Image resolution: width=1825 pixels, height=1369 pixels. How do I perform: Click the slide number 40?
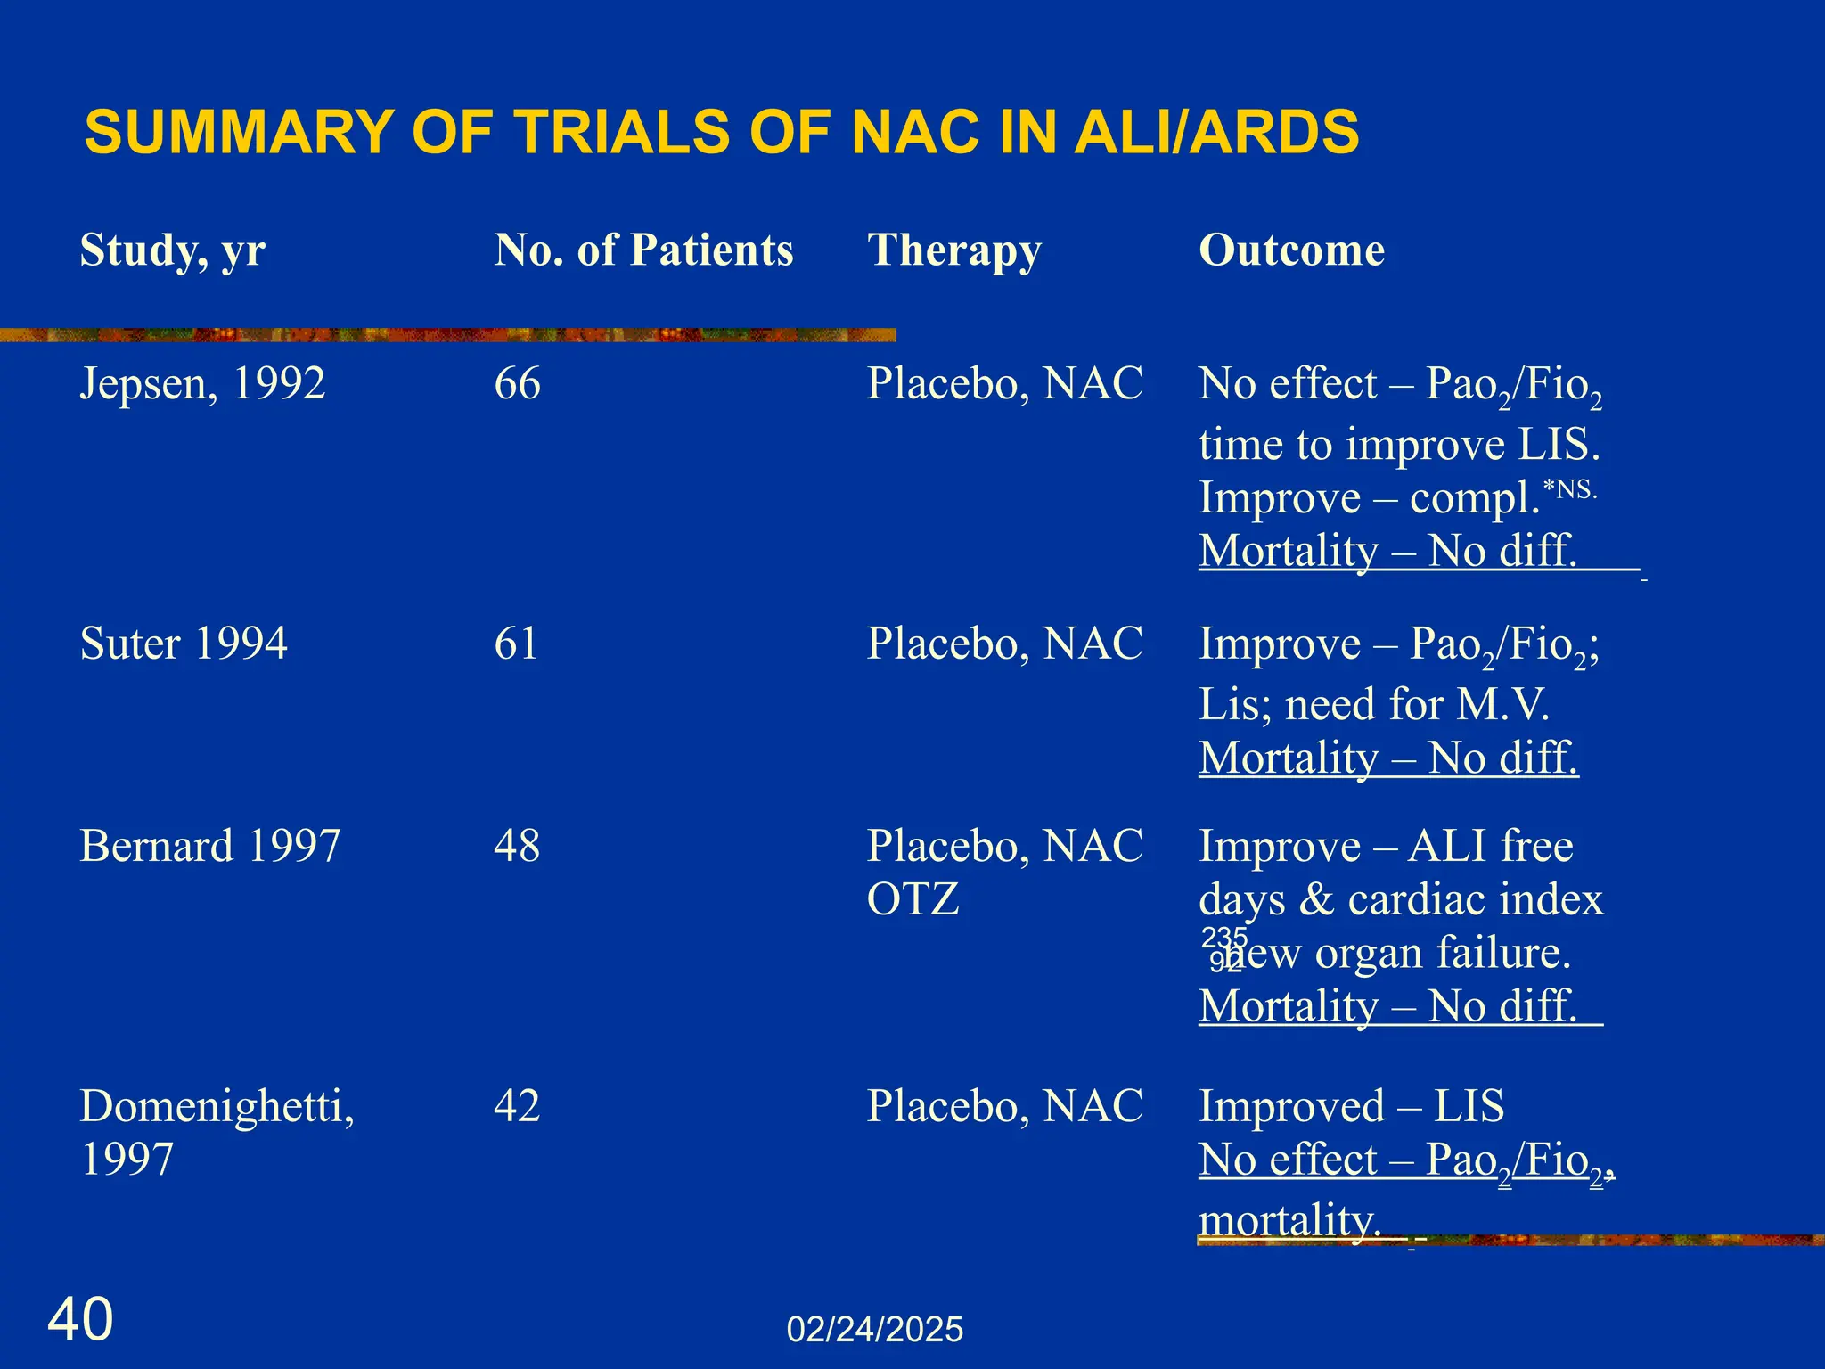pos(80,1320)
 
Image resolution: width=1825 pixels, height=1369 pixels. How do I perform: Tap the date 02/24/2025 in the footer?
pos(874,1330)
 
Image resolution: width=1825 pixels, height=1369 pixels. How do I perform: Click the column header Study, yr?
pos(173,250)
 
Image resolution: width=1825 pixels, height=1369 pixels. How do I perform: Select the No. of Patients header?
pos(643,250)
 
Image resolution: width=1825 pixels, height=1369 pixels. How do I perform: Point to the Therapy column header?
pos(954,250)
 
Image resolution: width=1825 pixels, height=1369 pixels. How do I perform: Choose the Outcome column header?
pos(1291,250)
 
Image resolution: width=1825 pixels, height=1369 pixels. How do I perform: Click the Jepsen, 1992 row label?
pos(202,384)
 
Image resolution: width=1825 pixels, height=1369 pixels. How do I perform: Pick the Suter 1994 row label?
pos(184,644)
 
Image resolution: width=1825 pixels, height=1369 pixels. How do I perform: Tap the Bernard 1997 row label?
pos(209,846)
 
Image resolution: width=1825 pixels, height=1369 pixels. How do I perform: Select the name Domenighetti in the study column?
pos(217,1107)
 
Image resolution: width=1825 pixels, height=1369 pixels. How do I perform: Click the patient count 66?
pos(517,384)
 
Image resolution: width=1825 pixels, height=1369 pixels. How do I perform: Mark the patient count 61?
pos(516,644)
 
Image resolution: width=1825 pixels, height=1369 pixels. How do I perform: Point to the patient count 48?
pos(517,846)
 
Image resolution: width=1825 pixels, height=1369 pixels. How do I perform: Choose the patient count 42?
pos(517,1106)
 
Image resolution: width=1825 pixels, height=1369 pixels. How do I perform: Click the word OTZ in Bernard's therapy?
pos(912,899)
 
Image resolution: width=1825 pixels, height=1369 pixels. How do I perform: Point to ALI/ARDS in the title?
pos(1216,132)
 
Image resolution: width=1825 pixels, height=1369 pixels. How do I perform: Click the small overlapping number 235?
pos(1224,938)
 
